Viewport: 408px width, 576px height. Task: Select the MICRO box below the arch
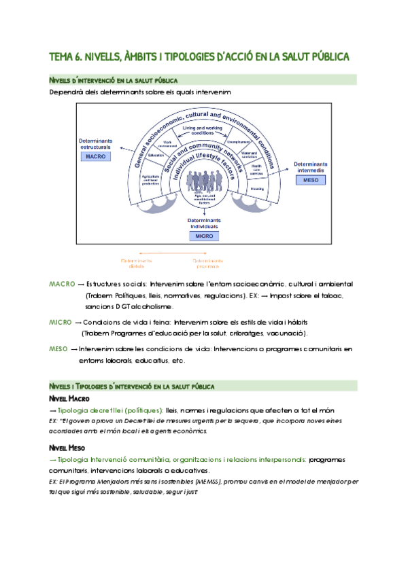tap(203, 236)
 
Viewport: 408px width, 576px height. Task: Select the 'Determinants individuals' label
tap(203, 224)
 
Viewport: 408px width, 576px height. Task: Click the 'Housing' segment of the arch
tap(257, 190)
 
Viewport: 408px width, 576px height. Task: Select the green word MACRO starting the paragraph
tap(63, 283)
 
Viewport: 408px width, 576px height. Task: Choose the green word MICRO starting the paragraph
tap(61, 322)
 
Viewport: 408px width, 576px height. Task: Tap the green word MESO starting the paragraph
tap(59, 349)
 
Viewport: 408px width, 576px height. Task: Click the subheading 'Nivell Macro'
tap(70, 398)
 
